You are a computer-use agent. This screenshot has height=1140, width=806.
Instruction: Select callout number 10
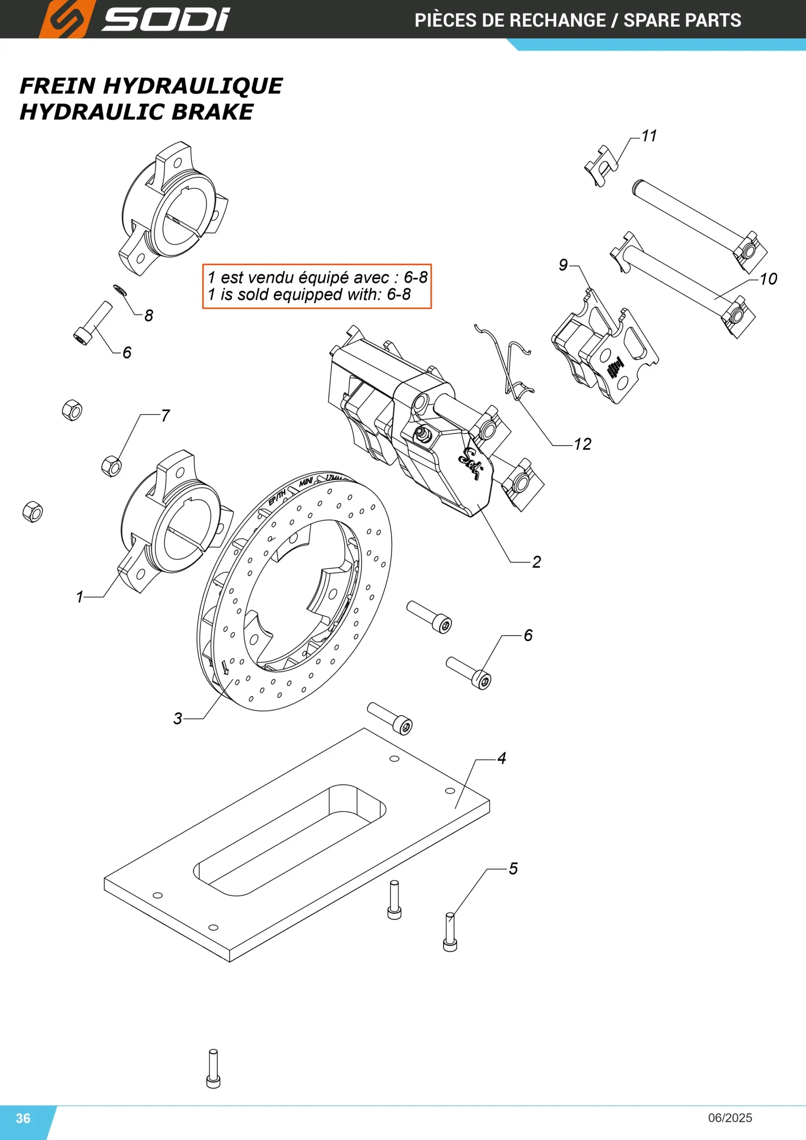coord(768,279)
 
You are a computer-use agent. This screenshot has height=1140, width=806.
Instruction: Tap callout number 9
coord(563,265)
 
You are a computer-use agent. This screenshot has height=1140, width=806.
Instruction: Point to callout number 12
coord(583,444)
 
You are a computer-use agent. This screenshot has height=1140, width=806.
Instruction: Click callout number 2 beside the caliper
coord(536,562)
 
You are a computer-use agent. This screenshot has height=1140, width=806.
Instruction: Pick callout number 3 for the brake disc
coord(178,718)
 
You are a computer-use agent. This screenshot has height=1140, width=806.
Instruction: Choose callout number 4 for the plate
coord(502,758)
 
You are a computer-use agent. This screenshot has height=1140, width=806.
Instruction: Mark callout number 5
coord(513,869)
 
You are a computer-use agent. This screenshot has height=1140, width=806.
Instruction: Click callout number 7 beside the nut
coord(165,415)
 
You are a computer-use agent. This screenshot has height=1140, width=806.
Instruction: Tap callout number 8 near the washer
coord(149,315)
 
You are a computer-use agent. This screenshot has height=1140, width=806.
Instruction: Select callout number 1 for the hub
coord(79,597)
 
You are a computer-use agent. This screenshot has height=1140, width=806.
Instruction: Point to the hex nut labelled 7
coord(111,466)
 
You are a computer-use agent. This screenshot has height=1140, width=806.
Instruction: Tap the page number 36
coord(23,1118)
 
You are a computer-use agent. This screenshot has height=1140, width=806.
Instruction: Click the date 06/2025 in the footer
coord(730,1118)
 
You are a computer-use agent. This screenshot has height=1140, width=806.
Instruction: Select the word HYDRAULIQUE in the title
coord(193,86)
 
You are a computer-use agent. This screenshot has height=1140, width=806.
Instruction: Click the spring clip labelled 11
coord(602,164)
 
